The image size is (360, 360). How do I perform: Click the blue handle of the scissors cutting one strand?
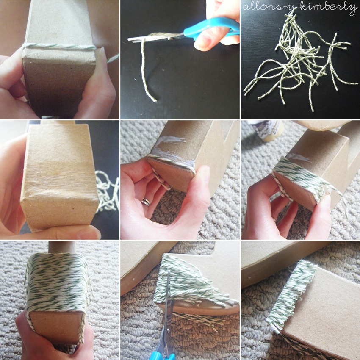tap(211, 28)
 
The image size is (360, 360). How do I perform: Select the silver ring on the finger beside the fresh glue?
tap(146, 202)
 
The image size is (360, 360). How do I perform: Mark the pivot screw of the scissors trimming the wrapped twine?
tap(169, 331)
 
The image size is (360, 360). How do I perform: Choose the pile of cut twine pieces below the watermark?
tap(301, 62)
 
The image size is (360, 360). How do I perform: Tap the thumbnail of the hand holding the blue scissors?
tap(205, 41)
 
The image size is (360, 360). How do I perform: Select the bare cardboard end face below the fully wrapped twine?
tap(56, 326)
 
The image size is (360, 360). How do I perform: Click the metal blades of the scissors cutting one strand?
tap(156, 37)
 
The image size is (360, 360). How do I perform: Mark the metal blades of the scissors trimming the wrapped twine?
tap(169, 305)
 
